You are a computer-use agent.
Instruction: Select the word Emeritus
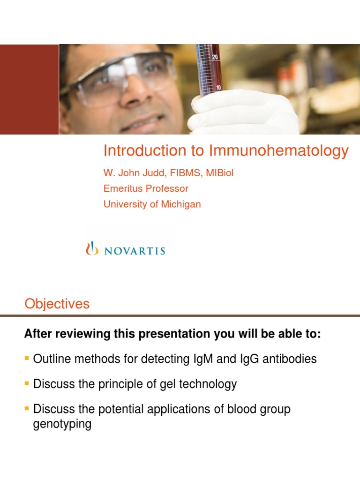tap(122, 188)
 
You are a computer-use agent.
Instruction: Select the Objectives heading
tap(57, 304)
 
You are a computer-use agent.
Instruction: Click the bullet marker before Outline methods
tap(26, 359)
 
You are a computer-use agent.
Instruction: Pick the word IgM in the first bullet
tap(199, 359)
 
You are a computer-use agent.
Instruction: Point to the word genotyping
tap(62, 425)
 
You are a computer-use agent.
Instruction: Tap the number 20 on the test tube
tap(215, 57)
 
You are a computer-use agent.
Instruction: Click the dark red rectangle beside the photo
tap(29, 89)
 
